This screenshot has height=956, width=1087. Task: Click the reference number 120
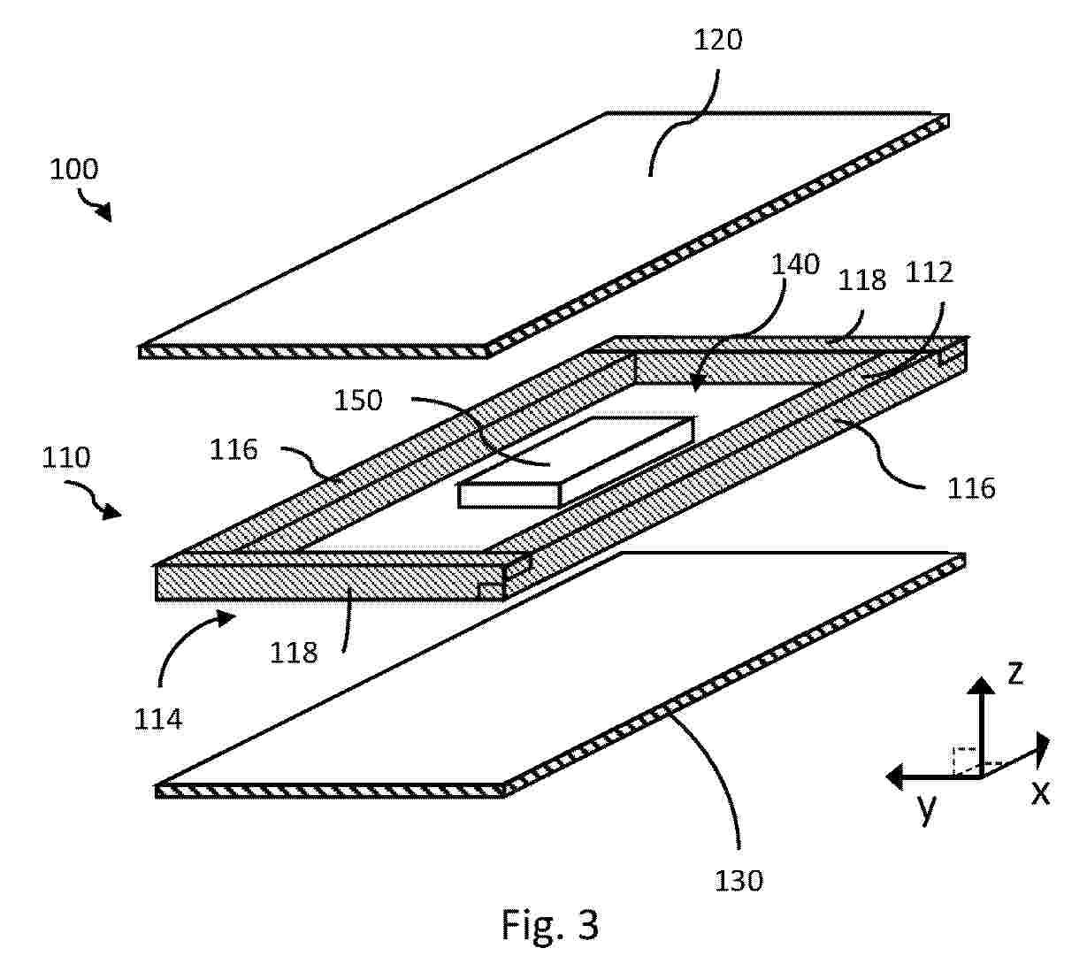[717, 40]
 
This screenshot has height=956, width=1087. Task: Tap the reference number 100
[74, 170]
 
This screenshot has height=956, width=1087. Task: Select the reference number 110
[66, 457]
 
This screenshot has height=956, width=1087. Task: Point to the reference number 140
[795, 264]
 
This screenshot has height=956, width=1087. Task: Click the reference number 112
[929, 272]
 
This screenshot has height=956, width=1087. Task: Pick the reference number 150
[358, 401]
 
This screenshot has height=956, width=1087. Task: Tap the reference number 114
[158, 719]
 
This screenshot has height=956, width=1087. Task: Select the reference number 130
[739, 881]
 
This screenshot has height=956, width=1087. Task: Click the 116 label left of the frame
[233, 449]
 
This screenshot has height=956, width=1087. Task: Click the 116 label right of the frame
[971, 489]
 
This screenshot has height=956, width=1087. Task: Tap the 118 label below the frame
[294, 653]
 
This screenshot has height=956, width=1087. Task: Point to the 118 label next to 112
[861, 280]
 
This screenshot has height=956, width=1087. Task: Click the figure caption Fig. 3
[550, 924]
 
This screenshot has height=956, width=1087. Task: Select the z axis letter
[1015, 673]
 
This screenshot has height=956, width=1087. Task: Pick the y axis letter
[927, 807]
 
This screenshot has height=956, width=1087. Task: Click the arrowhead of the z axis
[981, 685]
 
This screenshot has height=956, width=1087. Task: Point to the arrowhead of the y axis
[894, 777]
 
